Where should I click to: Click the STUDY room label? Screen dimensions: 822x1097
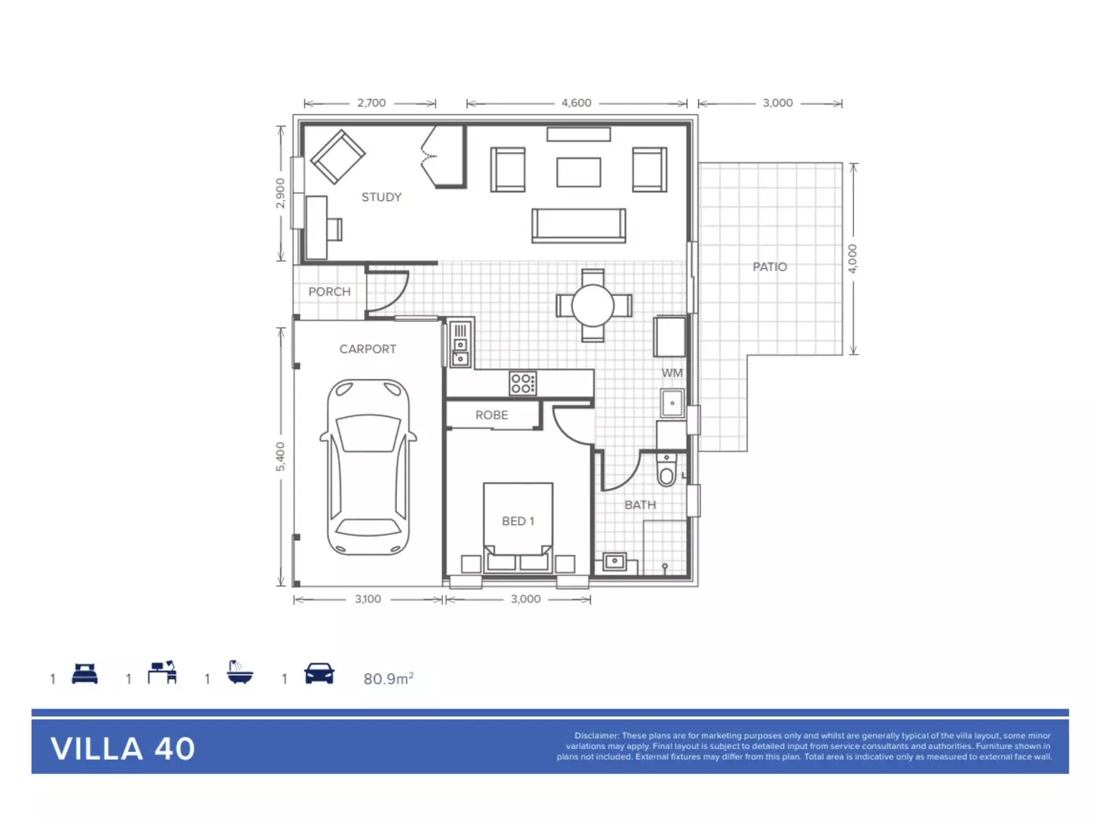tap(381, 197)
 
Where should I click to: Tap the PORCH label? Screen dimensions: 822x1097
tap(329, 292)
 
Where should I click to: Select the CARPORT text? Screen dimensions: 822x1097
tap(367, 349)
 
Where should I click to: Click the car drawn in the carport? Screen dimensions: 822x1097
tap(369, 467)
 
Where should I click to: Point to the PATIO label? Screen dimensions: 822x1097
tap(769, 266)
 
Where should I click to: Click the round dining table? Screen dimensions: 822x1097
tap(593, 305)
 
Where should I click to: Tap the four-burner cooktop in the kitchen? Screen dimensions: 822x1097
tap(523, 383)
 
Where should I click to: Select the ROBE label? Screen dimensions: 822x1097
tap(491, 415)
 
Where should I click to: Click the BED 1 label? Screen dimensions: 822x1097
tap(518, 521)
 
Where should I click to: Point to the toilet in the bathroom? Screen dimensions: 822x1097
tap(667, 470)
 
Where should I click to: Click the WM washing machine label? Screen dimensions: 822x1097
tap(672, 373)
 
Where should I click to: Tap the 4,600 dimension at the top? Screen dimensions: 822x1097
tap(576, 103)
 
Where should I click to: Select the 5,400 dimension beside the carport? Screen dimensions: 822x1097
tap(280, 456)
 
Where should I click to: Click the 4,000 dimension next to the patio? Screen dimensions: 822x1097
tap(852, 259)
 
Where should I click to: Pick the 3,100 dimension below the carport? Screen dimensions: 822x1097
tap(368, 599)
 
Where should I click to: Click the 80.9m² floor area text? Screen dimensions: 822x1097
tap(388, 678)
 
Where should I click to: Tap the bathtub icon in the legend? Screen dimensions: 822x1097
tap(239, 674)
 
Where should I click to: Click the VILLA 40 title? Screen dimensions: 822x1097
tap(123, 749)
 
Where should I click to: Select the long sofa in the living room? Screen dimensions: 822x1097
tap(579, 226)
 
